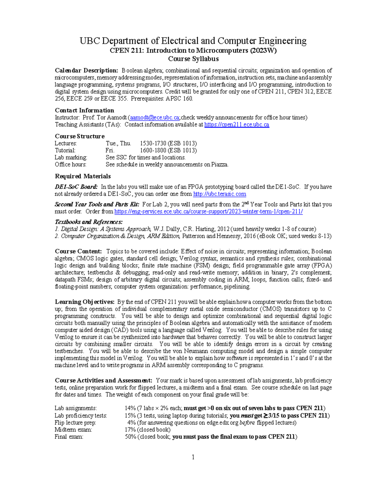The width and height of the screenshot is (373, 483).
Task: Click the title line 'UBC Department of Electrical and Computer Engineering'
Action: click(193, 41)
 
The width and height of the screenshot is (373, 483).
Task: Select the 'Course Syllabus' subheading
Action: click(193, 59)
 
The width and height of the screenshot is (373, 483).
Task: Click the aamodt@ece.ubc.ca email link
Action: click(154, 118)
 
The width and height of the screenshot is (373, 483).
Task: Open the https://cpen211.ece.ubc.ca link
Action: click(237, 125)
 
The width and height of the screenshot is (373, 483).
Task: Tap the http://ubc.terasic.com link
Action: click(219, 194)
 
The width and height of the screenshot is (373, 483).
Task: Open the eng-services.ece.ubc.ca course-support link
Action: click(209, 211)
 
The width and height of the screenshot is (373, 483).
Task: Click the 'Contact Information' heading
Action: click(84, 110)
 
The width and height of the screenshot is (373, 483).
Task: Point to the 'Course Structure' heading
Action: click(80, 136)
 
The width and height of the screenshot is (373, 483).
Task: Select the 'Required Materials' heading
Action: click(83, 176)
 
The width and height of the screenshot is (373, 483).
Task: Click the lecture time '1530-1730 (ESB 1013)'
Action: click(168, 143)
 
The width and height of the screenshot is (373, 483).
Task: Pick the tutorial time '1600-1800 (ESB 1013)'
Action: click(168, 151)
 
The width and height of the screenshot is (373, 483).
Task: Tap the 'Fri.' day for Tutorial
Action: click(110, 151)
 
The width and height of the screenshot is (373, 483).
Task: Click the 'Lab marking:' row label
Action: click(71, 157)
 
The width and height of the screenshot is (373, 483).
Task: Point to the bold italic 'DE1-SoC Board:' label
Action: click(76, 187)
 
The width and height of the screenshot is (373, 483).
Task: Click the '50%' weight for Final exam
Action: click(130, 437)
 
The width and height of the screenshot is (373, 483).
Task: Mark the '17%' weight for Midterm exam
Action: click(130, 430)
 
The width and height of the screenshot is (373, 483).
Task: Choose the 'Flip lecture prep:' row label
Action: click(75, 423)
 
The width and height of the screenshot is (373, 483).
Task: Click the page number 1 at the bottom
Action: click(193, 457)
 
